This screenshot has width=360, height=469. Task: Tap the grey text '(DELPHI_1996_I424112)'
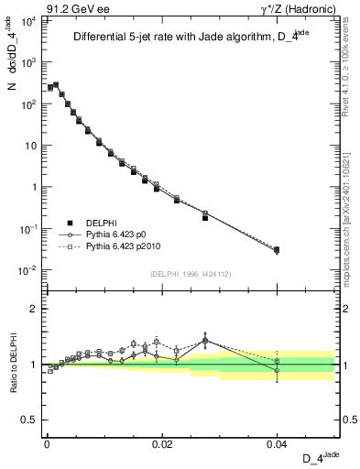(x=190, y=272)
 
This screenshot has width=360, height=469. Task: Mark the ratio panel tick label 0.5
(x=29, y=420)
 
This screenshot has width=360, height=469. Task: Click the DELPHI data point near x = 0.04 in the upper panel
(x=277, y=249)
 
